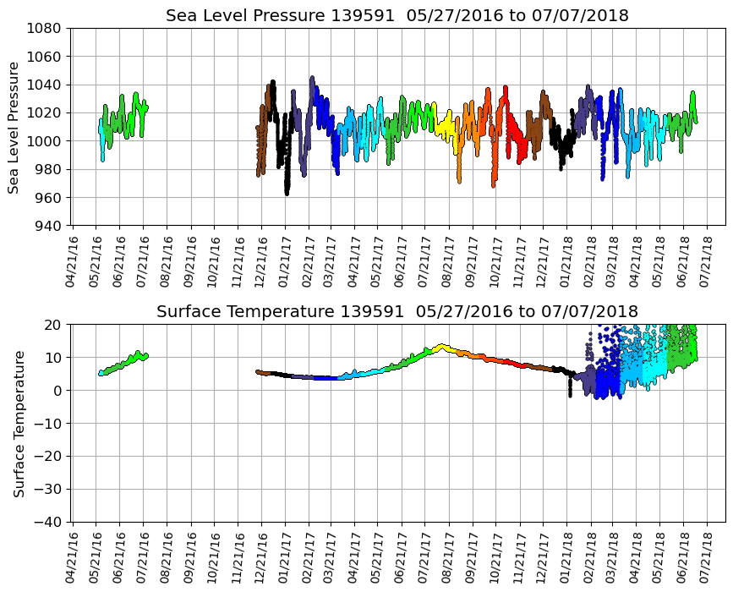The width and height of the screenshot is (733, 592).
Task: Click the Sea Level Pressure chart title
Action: (x=397, y=16)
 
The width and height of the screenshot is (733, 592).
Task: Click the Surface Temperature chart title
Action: (x=397, y=312)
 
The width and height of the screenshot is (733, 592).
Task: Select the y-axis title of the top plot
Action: (x=14, y=127)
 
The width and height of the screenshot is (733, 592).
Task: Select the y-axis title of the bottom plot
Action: (x=19, y=423)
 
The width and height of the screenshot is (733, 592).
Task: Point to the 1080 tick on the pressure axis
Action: (x=46, y=28)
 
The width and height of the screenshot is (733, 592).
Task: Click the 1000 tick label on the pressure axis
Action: (x=46, y=141)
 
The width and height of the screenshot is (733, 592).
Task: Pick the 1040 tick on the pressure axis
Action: (x=46, y=85)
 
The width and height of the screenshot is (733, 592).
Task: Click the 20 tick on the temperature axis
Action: (x=56, y=325)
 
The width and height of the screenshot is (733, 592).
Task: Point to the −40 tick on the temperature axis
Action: (x=50, y=522)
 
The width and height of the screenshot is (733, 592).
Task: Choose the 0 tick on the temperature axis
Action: (x=59, y=391)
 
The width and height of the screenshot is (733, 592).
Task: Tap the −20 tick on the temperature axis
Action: (x=50, y=457)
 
